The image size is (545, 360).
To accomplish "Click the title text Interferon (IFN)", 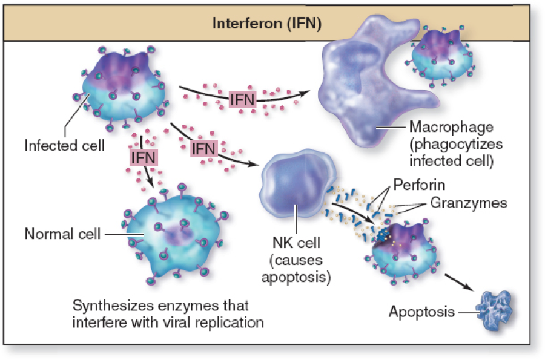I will click(266, 25).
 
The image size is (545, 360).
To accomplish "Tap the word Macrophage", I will click(451, 128).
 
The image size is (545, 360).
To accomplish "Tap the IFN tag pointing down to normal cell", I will click(144, 157).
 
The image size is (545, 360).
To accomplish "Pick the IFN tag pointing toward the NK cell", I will click(204, 148).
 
